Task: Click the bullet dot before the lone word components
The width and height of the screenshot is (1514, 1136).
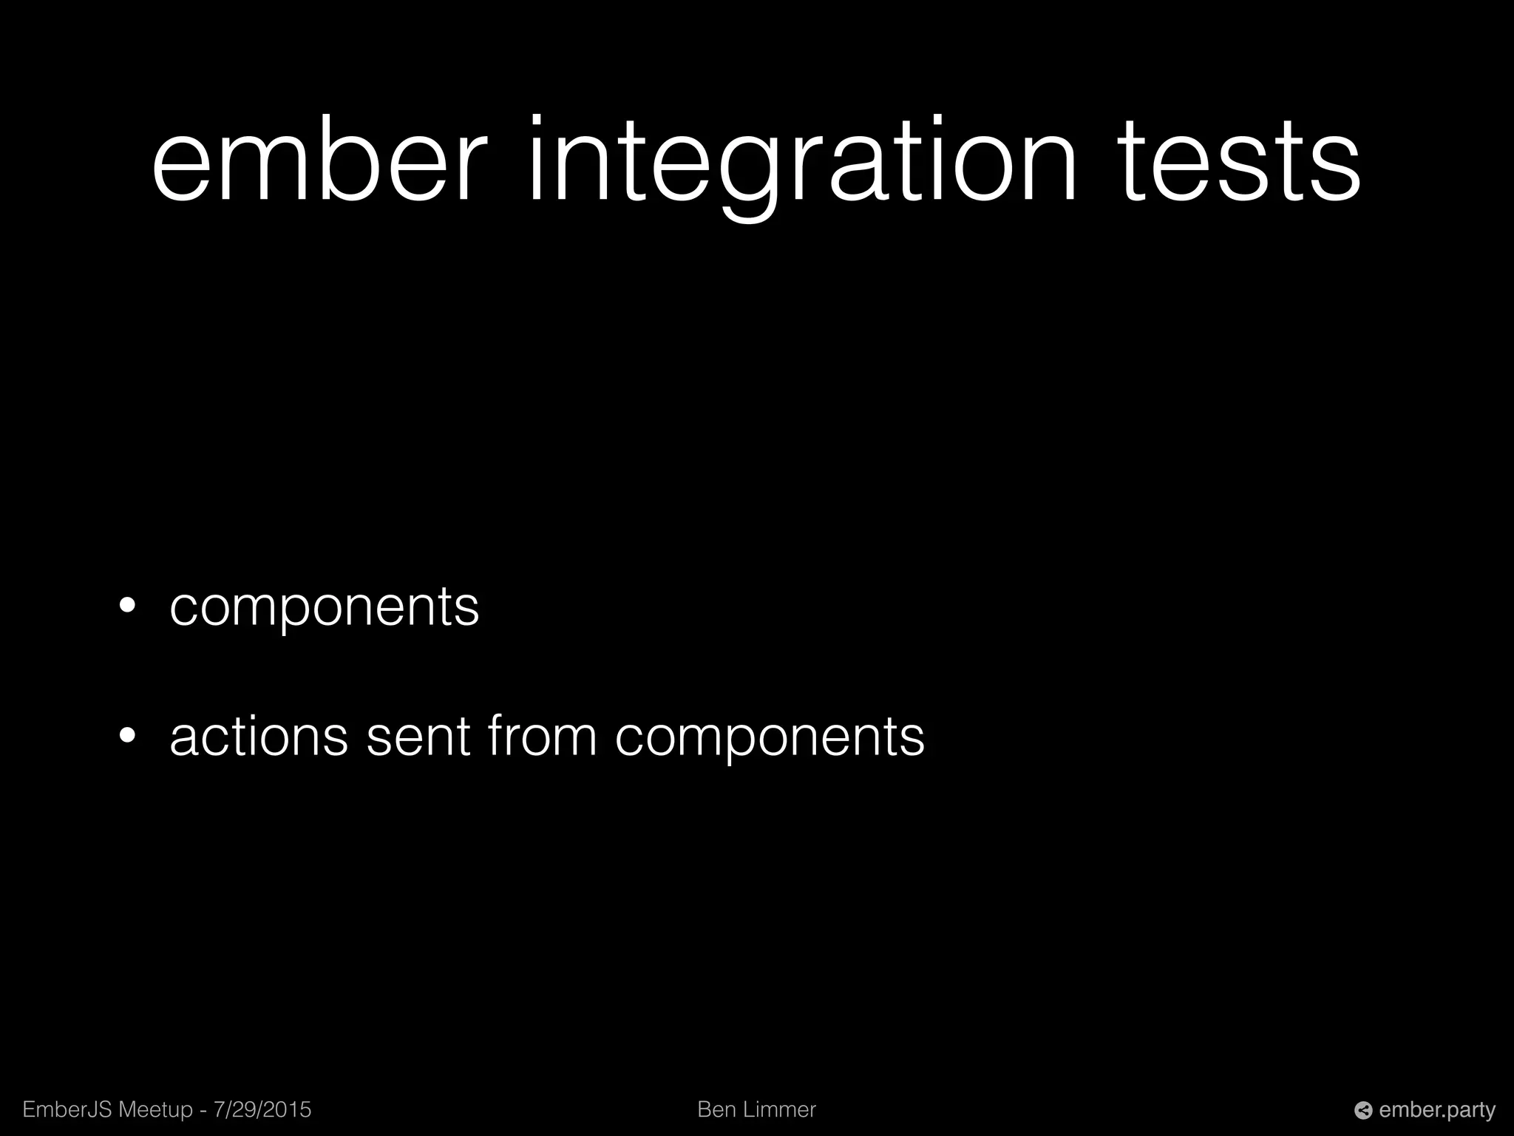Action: tap(128, 606)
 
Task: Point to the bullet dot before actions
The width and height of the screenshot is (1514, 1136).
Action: tap(128, 736)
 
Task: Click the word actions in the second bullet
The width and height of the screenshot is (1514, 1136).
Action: tap(259, 737)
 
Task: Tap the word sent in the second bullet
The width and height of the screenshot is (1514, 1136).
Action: tap(418, 737)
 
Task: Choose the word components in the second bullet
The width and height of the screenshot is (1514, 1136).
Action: tap(770, 738)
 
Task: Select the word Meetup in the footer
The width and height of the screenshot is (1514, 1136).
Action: tap(155, 1109)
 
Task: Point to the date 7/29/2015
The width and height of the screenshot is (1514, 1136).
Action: tap(262, 1109)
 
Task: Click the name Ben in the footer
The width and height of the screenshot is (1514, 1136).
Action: tap(716, 1109)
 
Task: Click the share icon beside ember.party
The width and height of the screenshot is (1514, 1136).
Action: tap(1363, 1110)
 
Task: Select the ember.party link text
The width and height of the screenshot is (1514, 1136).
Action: tap(1437, 1110)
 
